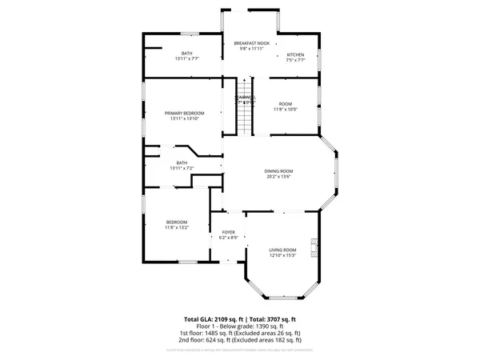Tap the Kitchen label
pos(295,54)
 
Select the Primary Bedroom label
pos(185,113)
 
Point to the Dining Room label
pos(279,170)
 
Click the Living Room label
pos(282,250)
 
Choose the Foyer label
pos(228,232)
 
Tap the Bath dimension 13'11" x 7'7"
pos(186,59)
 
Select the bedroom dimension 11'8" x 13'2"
pos(177,228)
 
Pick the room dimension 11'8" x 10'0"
pos(286,110)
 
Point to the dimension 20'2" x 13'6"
pos(279,177)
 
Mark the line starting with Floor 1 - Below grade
pos(242,326)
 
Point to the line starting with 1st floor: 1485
pos(242,332)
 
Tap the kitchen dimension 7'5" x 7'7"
pos(295,60)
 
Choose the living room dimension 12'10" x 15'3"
pos(282,255)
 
